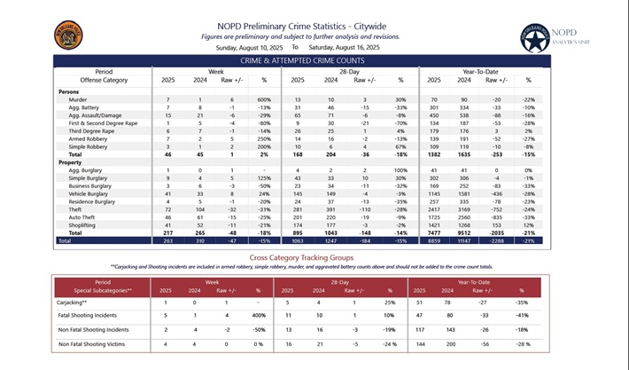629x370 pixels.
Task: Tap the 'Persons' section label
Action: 69,91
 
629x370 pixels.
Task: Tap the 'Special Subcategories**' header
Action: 105,289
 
